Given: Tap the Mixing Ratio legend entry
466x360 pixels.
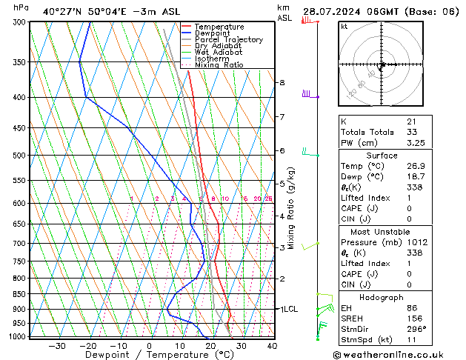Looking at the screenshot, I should pyautogui.click(x=219, y=65).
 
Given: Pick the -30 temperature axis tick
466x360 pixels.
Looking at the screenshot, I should pyautogui.click(x=56, y=346).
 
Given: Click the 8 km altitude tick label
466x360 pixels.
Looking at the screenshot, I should pyautogui.click(x=282, y=82).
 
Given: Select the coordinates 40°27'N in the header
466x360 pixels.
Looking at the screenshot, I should pyautogui.click(x=63, y=11).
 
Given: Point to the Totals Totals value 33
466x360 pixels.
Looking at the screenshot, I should pyautogui.click(x=412, y=132).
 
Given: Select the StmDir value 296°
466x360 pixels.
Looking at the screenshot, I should pyautogui.click(x=416, y=329).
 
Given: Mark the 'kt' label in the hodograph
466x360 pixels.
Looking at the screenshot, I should pyautogui.click(x=344, y=27).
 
